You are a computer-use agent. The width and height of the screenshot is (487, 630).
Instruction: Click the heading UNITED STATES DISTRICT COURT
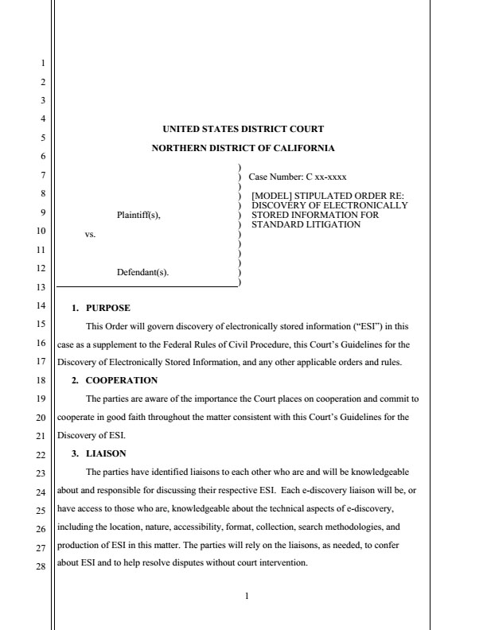(x=243, y=129)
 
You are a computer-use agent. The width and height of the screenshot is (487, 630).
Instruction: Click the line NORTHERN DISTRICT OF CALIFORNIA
(x=243, y=148)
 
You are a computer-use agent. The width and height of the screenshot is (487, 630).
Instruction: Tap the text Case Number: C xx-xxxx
(x=297, y=177)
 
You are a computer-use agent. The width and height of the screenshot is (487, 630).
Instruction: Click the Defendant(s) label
(x=142, y=272)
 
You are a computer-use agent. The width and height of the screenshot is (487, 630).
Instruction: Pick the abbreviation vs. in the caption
(x=90, y=234)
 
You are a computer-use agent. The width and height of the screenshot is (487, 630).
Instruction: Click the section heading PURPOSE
(x=107, y=307)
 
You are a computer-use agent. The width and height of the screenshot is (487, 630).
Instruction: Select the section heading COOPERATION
(x=121, y=380)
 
